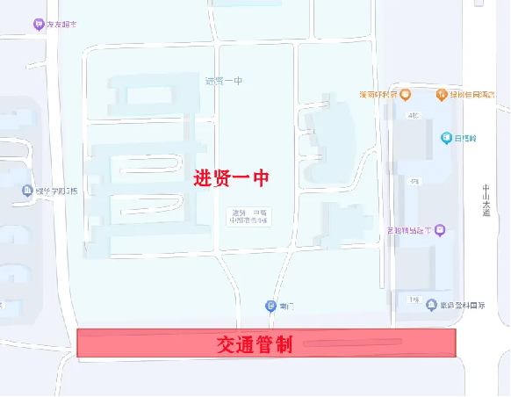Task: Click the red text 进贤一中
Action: tap(230, 177)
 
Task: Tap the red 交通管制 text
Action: tap(255, 344)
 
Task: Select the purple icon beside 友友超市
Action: tap(38, 25)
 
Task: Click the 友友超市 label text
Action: tap(61, 25)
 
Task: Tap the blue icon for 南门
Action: tap(270, 306)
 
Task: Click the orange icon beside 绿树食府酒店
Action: tap(442, 95)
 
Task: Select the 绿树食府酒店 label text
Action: tap(472, 95)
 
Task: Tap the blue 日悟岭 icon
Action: tap(446, 138)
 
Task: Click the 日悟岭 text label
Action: tap(465, 138)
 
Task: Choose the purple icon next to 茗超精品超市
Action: tap(440, 230)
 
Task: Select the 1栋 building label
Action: tap(413, 300)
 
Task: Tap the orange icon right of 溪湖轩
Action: tap(405, 95)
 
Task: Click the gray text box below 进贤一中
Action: tap(248, 215)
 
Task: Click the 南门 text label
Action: tap(285, 306)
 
